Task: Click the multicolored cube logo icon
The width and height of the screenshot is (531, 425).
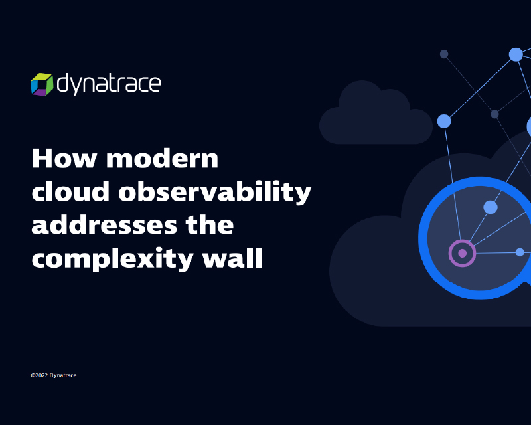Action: [x=42, y=84]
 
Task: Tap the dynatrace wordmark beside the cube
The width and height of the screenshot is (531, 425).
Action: [x=109, y=84]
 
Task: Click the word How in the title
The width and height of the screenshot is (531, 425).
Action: [x=64, y=158]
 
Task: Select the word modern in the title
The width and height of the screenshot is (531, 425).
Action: [x=162, y=158]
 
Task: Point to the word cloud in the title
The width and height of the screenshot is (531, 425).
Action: [x=70, y=191]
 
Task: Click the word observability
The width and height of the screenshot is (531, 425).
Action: [x=214, y=192]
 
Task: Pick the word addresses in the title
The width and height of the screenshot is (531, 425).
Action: [x=104, y=224]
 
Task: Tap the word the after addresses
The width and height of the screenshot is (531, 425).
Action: [x=210, y=224]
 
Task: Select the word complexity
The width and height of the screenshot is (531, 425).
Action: [x=112, y=259]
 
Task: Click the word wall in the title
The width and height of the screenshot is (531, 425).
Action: [x=232, y=258]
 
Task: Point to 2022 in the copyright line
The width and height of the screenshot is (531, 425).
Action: [x=41, y=375]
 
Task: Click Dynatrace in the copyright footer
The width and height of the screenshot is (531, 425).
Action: [x=63, y=375]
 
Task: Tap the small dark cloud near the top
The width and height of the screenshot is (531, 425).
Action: [x=376, y=112]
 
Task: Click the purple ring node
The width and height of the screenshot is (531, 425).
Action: [x=462, y=253]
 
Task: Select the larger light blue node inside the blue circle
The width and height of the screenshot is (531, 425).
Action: [x=491, y=207]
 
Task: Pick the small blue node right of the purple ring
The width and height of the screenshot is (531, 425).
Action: [x=520, y=252]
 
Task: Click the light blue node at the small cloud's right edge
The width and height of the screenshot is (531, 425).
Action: [x=444, y=121]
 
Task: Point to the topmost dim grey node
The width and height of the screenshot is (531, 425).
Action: [x=444, y=54]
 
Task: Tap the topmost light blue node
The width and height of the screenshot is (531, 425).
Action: [x=516, y=54]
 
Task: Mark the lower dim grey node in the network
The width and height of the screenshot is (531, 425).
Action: [x=494, y=114]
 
